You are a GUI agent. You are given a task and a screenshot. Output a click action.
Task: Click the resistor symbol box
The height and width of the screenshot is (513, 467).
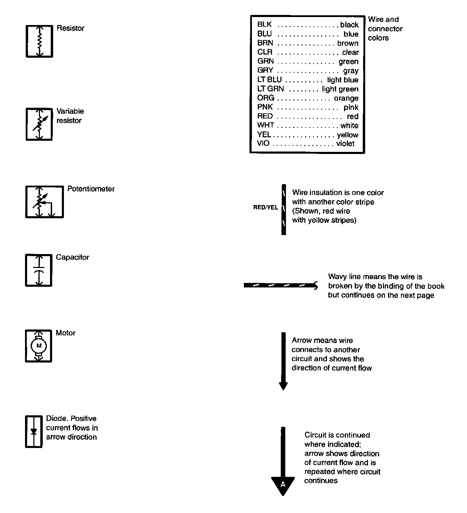(x=39, y=41)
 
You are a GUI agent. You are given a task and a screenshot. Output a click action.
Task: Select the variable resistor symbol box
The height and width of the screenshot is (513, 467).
(x=39, y=124)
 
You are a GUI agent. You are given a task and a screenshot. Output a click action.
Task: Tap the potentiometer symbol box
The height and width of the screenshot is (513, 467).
(x=44, y=202)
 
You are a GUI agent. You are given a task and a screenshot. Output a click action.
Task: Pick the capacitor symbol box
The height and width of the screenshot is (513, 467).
(x=39, y=270)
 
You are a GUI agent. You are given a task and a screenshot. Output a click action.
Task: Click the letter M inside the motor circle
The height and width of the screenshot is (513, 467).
(x=39, y=345)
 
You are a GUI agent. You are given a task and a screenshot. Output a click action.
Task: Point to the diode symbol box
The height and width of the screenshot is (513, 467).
(x=34, y=431)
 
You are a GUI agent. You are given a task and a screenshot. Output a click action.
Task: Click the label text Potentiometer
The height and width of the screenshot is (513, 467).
(x=91, y=189)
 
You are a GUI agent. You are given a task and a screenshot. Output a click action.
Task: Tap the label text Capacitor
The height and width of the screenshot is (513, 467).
(x=72, y=257)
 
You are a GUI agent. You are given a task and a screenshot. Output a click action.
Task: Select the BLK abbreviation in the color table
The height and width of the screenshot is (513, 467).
(x=264, y=24)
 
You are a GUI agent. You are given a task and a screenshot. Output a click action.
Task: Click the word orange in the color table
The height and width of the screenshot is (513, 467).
(x=346, y=98)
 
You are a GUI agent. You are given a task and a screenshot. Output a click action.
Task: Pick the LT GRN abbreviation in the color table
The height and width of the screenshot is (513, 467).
(x=270, y=89)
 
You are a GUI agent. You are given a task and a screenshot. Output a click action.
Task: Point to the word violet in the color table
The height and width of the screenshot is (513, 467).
(x=345, y=144)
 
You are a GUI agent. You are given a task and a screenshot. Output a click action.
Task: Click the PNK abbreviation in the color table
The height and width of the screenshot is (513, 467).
(x=265, y=107)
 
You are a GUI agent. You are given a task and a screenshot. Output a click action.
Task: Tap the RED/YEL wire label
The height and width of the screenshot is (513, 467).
(x=265, y=207)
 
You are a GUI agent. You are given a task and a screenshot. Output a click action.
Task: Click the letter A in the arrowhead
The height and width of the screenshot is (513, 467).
(x=283, y=484)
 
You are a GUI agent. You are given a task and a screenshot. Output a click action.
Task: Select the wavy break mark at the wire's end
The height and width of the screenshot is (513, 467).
(x=316, y=285)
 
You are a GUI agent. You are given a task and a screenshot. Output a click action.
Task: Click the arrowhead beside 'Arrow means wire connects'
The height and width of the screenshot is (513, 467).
(x=283, y=386)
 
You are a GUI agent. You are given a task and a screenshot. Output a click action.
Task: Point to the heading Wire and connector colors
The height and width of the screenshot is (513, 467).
(x=385, y=28)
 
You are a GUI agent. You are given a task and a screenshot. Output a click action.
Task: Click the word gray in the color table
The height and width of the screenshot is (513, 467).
(x=351, y=71)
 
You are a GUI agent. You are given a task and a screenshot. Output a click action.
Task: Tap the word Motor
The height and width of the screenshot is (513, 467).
(x=65, y=333)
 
